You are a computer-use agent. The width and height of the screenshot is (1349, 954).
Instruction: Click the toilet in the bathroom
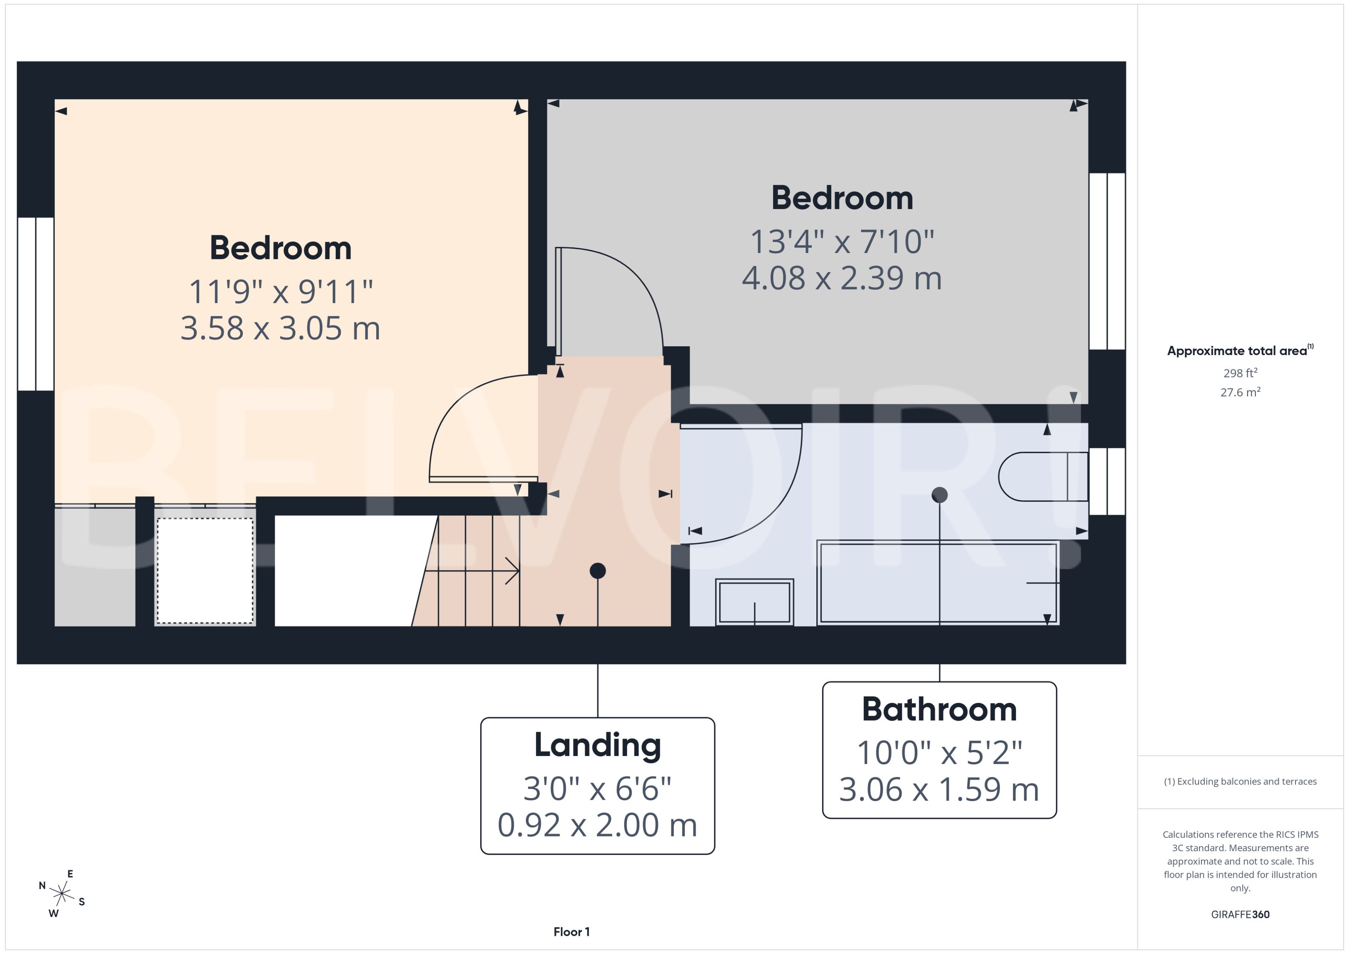pyautogui.click(x=1040, y=476)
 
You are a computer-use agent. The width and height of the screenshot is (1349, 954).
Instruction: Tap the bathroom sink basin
pyautogui.click(x=754, y=602)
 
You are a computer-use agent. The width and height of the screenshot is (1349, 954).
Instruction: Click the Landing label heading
pyautogui.click(x=597, y=745)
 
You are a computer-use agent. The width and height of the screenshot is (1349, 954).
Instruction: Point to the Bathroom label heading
pyautogui.click(x=939, y=709)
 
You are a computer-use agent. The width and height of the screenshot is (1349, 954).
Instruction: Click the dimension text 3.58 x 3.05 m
pyautogui.click(x=280, y=329)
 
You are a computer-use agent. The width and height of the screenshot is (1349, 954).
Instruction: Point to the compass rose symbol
pyautogui.click(x=61, y=894)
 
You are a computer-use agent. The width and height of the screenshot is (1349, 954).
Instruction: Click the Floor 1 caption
pyautogui.click(x=571, y=932)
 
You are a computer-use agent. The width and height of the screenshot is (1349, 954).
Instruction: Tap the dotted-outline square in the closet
pyautogui.click(x=205, y=570)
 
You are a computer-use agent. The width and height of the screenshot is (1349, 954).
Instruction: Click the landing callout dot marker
pyautogui.click(x=597, y=570)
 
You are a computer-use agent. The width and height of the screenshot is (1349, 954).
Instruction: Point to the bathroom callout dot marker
pyautogui.click(x=939, y=495)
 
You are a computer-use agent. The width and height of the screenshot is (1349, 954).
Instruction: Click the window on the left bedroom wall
pyautogui.click(x=36, y=304)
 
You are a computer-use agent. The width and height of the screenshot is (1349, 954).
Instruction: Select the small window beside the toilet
pyautogui.click(x=1107, y=481)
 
